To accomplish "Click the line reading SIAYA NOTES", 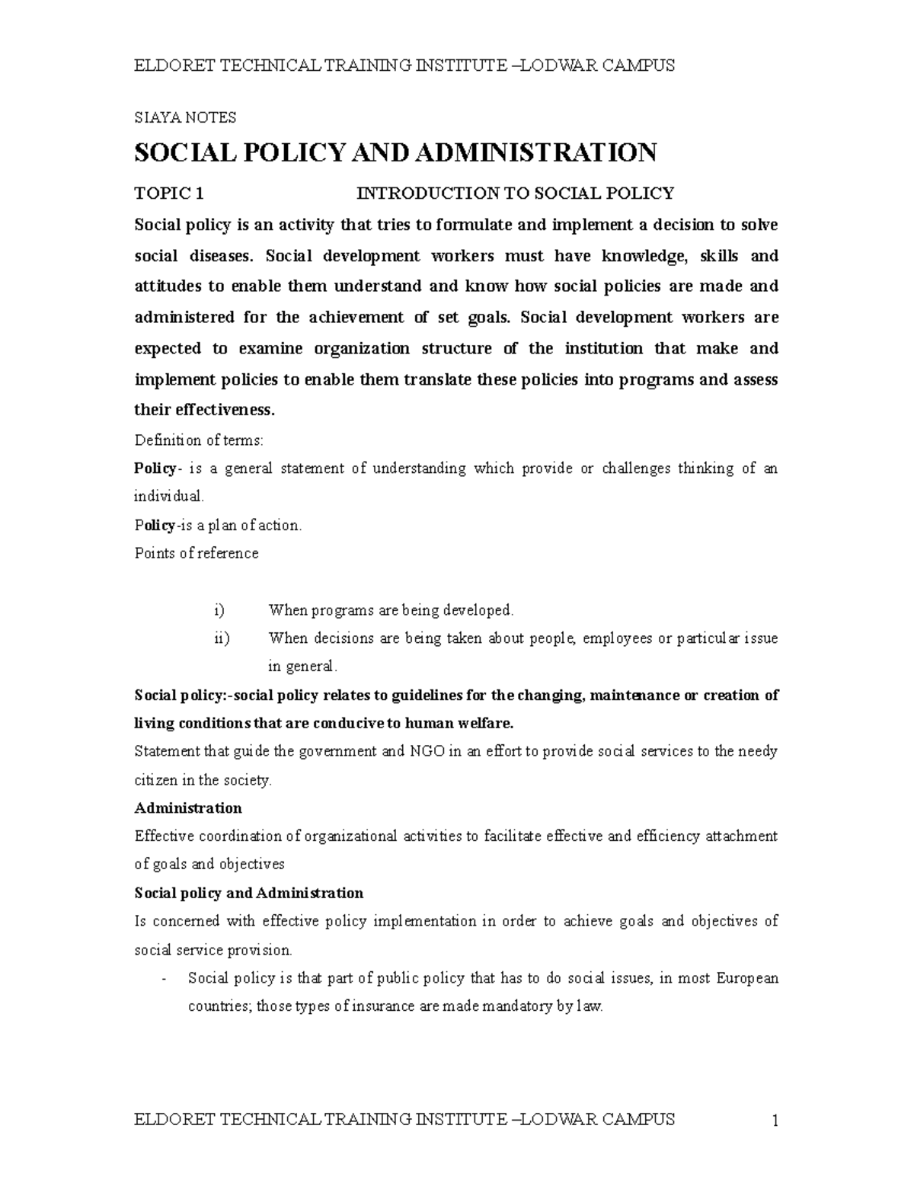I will pyautogui.click(x=185, y=117).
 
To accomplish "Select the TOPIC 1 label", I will pyautogui.click(x=168, y=193).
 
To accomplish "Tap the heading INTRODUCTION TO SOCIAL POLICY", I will pyautogui.click(x=516, y=193).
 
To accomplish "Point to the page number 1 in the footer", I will pyautogui.click(x=774, y=1121).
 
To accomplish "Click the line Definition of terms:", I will pyautogui.click(x=199, y=440).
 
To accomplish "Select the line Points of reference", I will pyautogui.click(x=197, y=553).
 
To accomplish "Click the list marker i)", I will pyautogui.click(x=219, y=610).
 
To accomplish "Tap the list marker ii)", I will pyautogui.click(x=221, y=638).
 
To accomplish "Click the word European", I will pyautogui.click(x=747, y=978).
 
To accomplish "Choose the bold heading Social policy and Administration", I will pyautogui.click(x=248, y=893).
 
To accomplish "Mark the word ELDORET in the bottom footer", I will pyautogui.click(x=173, y=1119).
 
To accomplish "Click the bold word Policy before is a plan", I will pyautogui.click(x=155, y=525).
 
